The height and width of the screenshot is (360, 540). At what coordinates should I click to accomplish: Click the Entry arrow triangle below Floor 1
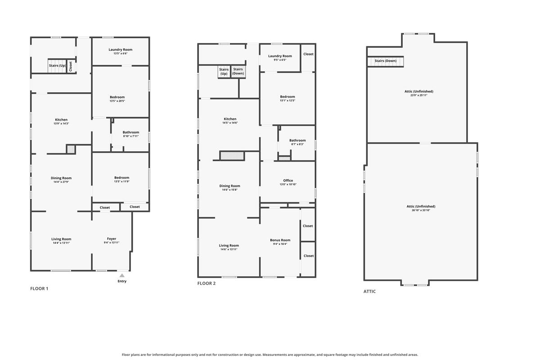pos(122,275)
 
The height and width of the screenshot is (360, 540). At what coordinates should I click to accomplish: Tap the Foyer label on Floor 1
pos(112,238)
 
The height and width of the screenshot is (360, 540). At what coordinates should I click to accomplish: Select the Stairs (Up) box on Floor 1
pos(57,66)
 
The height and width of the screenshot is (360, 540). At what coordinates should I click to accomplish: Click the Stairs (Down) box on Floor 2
pos(238,72)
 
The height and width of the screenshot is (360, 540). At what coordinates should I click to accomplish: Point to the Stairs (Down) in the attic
pos(386,61)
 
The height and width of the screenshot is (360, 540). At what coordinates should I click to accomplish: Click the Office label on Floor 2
pos(288,180)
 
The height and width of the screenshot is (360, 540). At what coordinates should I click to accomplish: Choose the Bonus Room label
pos(280,240)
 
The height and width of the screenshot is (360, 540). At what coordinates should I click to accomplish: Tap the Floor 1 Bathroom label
pos(131,132)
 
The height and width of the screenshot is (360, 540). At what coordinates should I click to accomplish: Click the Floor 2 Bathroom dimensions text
pos(297,144)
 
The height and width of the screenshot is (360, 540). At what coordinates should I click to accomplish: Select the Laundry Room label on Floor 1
pos(121,49)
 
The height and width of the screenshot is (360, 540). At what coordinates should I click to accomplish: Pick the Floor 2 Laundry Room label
pos(280,56)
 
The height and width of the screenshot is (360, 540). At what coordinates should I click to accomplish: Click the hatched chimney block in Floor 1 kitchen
pos(71,149)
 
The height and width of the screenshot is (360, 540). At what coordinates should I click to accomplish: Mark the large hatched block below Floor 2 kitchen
pos(232,156)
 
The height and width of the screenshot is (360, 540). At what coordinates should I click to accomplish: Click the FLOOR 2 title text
pos(207,283)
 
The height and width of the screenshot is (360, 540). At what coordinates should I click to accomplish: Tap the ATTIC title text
pos(369,291)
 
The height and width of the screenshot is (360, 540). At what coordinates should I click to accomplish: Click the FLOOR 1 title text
pos(39,288)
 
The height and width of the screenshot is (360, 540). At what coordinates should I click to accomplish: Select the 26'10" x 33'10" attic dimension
pos(421,210)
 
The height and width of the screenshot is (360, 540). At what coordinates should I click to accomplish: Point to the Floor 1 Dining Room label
pos(61,178)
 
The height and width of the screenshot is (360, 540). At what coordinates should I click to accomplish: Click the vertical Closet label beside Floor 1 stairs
pos(71,67)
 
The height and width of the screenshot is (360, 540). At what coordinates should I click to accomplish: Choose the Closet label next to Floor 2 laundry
pos(308,54)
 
